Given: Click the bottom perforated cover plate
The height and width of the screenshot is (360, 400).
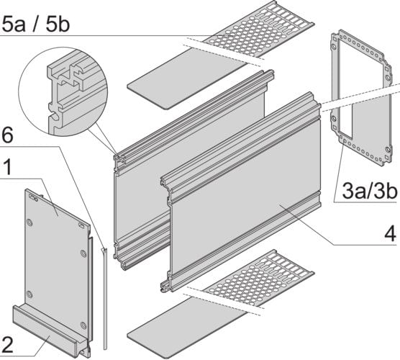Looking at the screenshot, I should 260,281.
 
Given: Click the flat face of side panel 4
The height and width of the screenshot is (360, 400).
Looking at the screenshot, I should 245,209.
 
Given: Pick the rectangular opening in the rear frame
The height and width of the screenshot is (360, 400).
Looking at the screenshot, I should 363,101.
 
